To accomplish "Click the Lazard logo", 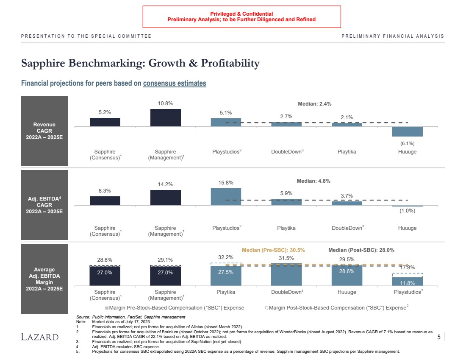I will point(40,337).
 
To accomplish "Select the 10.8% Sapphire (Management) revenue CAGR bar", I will point(165,117).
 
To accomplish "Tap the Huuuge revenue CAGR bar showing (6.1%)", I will point(407,131).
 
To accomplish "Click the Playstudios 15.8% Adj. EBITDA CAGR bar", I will point(226,197).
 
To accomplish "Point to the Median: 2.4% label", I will point(315,104).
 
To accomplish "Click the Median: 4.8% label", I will point(313,181).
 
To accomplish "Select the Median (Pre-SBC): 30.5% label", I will point(273,250).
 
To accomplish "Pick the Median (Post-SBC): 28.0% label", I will point(361,250).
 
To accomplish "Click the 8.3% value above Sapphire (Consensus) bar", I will point(105,191).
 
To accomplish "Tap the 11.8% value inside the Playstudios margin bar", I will point(407,283).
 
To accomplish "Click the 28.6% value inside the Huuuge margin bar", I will point(347,271).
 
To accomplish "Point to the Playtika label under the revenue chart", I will point(347,152).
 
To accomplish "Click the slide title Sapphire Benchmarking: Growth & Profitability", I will point(140,64).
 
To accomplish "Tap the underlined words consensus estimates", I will point(175,83).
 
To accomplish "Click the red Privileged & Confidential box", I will point(241,17).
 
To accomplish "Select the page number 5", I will point(438,337).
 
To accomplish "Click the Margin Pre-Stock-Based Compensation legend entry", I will point(175,307).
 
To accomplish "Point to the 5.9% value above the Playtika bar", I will point(286,193).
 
